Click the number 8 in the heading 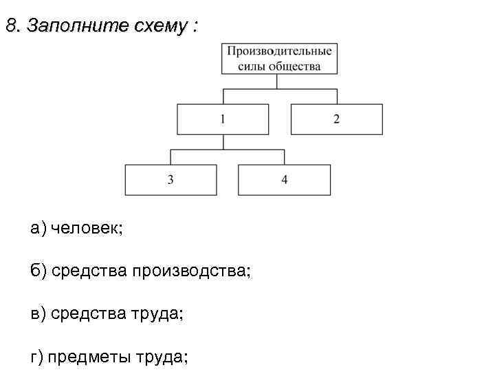[x=10, y=27]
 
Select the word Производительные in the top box [x=280, y=51]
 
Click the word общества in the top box [x=296, y=66]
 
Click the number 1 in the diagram [x=223, y=119]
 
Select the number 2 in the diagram [x=337, y=119]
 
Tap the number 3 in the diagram [x=170, y=180]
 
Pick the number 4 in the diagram [x=284, y=180]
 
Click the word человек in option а [x=87, y=229]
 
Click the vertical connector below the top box [x=277, y=81]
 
